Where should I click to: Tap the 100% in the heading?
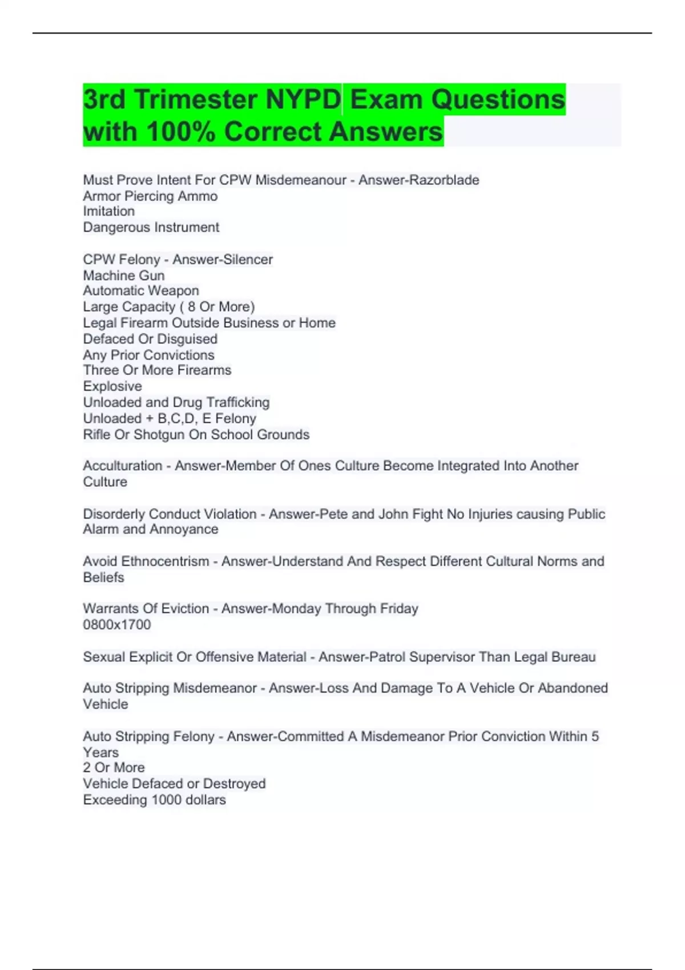pos(181,132)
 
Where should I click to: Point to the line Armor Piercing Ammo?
pos(150,196)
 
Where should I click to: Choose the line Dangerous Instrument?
pos(151,227)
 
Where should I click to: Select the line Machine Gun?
pos(123,276)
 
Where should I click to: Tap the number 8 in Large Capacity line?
pos(191,307)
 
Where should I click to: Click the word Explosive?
pos(112,386)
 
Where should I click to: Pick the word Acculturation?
pos(122,466)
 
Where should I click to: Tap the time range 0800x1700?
pos(117,625)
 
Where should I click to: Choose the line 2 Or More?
pos(114,767)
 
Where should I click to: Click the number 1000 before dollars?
pos(167,800)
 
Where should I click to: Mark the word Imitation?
pos(108,211)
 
